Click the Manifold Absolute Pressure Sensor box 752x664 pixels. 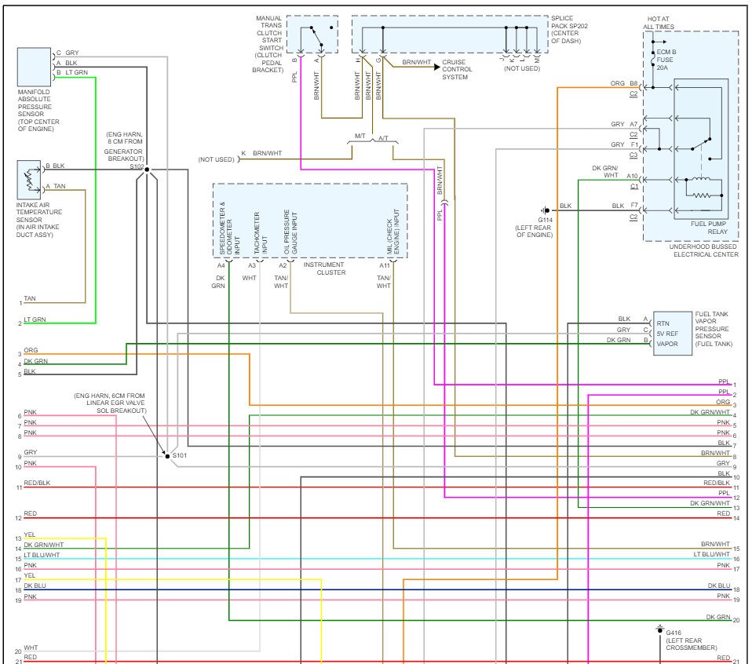coord(34,67)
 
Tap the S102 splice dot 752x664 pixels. coord(147,169)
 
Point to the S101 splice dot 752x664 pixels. coord(166,455)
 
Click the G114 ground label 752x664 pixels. coord(546,220)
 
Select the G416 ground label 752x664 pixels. coord(674,632)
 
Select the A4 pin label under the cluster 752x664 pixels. coord(221,266)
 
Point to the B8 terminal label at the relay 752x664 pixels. coord(633,83)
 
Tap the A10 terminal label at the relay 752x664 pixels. coord(632,177)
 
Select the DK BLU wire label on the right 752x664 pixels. coord(718,586)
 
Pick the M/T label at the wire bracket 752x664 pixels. coord(360,137)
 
